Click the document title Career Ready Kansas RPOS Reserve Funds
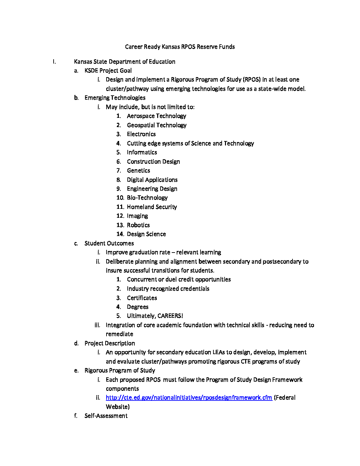click(180, 47)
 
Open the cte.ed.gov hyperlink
click(189, 397)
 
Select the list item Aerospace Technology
click(156, 116)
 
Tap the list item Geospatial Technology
click(157, 125)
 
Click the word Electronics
click(141, 134)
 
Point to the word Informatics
click(142, 152)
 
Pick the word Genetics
click(138, 170)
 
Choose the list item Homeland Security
click(152, 207)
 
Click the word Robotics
click(138, 225)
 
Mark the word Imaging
click(137, 216)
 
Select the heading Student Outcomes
click(109, 243)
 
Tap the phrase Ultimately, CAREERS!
click(155, 316)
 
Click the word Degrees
click(138, 307)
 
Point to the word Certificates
click(142, 298)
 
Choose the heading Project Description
click(110, 343)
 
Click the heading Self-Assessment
click(106, 416)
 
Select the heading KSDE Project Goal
click(108, 70)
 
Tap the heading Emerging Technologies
click(115, 98)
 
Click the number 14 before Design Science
click(120, 234)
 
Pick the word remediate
click(119, 334)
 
